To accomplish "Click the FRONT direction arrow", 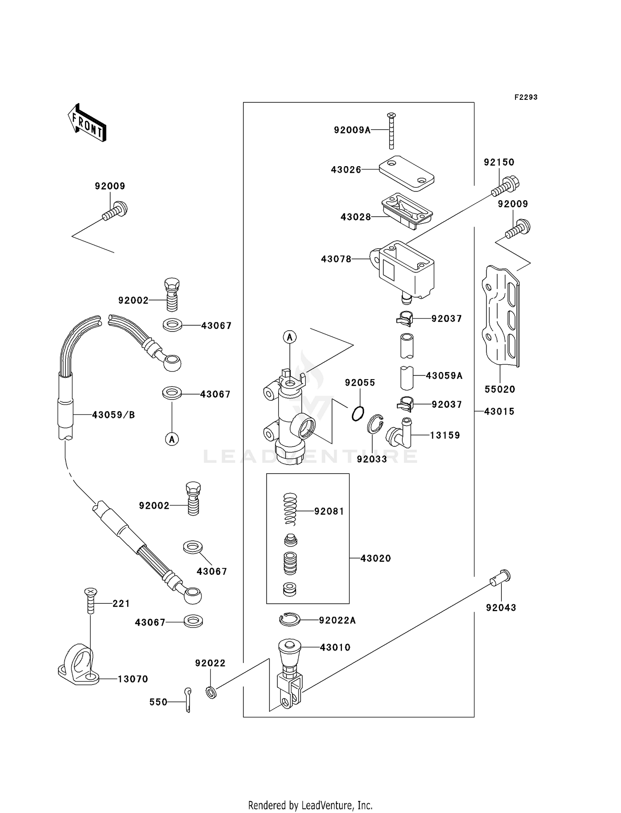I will [87, 123].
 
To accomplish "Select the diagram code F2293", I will [526, 97].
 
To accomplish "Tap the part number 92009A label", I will [352, 130].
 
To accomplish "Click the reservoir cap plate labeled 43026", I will [407, 173].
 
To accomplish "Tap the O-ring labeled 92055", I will [358, 414].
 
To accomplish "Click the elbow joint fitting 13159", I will [400, 434].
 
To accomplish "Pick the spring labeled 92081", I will [290, 509].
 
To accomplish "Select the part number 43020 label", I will [375, 558].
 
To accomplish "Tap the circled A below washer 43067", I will [172, 438].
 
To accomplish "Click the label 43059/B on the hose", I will [113, 415].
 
